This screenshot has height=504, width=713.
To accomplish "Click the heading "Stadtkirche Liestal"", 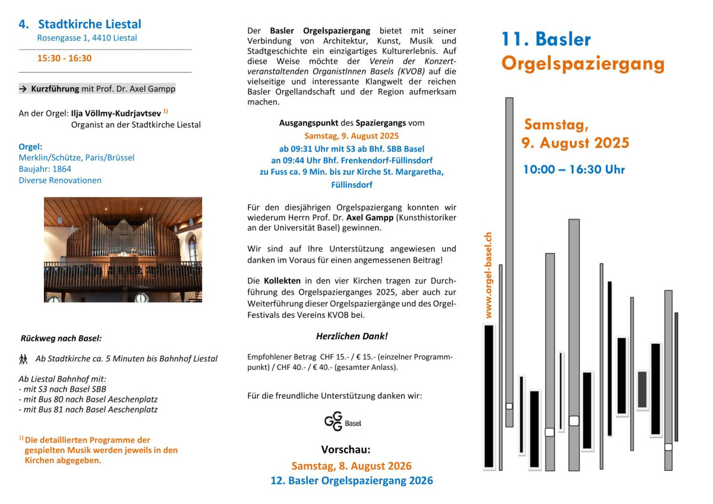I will pos(90,24).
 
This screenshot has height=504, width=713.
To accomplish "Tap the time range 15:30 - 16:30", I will pos(64,58).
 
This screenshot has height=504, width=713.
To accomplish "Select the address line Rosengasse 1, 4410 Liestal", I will pos(87,38).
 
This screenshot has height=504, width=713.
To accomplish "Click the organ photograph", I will pos(123,250).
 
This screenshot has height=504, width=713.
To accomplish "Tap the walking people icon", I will pos(23,358).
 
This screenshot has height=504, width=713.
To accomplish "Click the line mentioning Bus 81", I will pos(89,409).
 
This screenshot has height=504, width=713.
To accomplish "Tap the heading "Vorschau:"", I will pos(346,449).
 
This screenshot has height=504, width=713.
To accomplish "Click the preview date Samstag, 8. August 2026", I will pos(351,465).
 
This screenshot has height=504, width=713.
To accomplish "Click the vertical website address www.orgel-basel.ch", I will pos(488,275).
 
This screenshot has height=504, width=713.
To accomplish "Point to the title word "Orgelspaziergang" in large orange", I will pos(582,64).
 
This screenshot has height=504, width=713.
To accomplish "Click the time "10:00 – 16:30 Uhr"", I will pos(573,169).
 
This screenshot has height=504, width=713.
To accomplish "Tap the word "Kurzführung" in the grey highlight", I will pos(55,89).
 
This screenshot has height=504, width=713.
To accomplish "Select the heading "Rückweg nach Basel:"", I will pos(61,338).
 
